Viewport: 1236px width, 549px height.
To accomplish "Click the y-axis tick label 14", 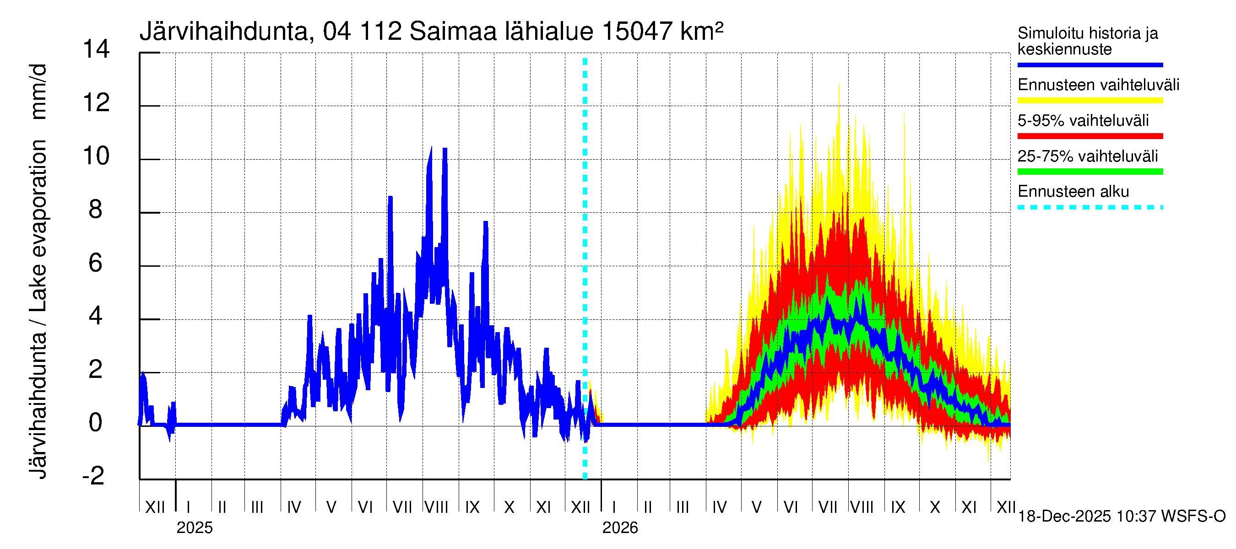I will coord(96,49).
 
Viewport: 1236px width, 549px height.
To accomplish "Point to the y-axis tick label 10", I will coord(96,156).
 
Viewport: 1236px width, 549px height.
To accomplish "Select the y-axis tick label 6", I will coord(96,263).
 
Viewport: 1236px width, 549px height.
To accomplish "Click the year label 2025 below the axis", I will coord(194,528).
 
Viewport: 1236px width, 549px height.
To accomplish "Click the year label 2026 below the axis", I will coord(620,528).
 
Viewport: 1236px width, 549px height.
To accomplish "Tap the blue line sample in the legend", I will coord(1090,65).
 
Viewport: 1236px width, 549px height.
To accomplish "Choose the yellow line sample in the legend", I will coord(1090,101).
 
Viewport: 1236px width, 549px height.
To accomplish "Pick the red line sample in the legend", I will coord(1090,136).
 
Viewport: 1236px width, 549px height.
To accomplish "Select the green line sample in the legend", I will coord(1090,172).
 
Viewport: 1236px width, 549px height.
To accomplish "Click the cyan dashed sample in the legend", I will coord(1090,208).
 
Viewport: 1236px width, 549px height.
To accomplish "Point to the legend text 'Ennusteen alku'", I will coord(1073,192).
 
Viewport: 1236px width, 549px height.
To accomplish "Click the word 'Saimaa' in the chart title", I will coord(453,32).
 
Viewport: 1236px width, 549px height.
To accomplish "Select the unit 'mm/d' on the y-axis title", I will coord(38,91).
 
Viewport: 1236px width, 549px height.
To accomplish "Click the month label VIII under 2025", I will coord(437,507).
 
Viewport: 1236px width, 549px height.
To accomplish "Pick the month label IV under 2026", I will coord(719,507).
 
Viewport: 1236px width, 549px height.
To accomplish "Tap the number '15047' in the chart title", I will coord(637,32).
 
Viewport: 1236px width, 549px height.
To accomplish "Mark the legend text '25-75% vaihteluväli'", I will coord(1087,156).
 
